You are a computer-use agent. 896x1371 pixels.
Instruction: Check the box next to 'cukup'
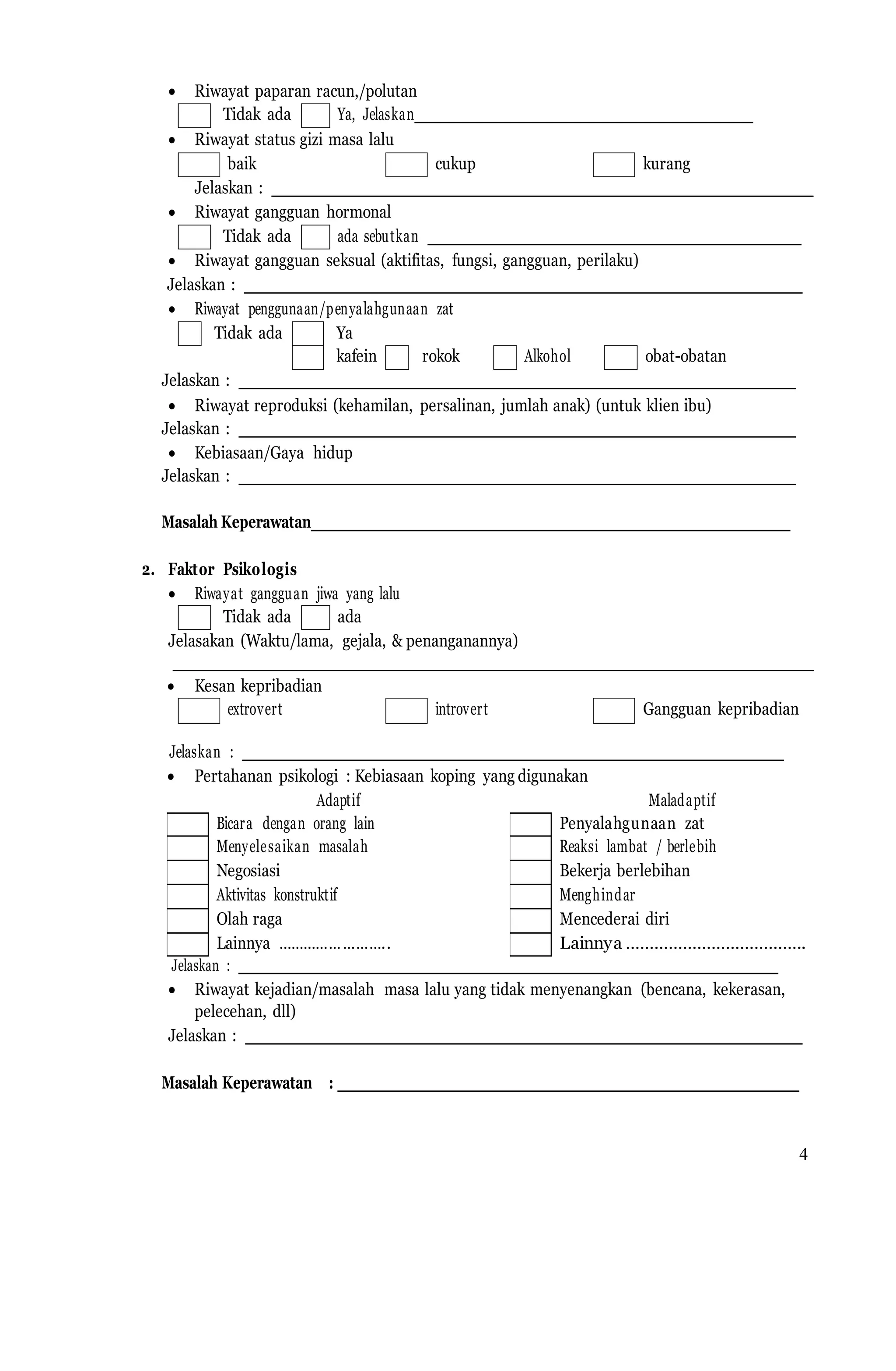tap(406, 165)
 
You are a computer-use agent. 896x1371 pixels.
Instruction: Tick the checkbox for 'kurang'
tap(613, 165)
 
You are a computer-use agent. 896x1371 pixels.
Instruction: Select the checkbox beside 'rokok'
tap(397, 357)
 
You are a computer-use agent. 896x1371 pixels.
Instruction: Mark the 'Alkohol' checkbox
tap(504, 357)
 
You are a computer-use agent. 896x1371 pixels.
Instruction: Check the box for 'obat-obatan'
tap(620, 357)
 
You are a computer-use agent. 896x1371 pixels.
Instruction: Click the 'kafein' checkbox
tap(308, 357)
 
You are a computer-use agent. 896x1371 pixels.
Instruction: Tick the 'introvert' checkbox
tap(406, 710)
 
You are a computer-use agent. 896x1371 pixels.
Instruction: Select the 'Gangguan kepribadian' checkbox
tap(613, 710)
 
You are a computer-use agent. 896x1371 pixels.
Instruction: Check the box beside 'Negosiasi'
tap(187, 872)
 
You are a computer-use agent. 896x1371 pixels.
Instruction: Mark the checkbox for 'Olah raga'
tap(187, 921)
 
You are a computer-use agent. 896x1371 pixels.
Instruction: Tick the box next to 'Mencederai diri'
tap(530, 921)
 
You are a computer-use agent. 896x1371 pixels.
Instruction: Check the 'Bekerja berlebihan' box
tap(530, 872)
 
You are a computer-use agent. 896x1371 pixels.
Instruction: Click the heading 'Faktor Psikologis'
tap(232, 569)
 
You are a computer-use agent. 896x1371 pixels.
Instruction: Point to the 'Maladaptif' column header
tap(682, 800)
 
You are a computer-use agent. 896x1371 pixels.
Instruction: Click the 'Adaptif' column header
tap(338, 800)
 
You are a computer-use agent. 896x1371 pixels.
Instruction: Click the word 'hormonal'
tap(358, 213)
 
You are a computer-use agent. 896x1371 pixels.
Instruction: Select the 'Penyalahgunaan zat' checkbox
tap(530, 824)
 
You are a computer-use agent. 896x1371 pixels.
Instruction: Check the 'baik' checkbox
tap(199, 165)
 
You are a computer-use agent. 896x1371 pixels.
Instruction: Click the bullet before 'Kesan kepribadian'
tap(171, 687)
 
